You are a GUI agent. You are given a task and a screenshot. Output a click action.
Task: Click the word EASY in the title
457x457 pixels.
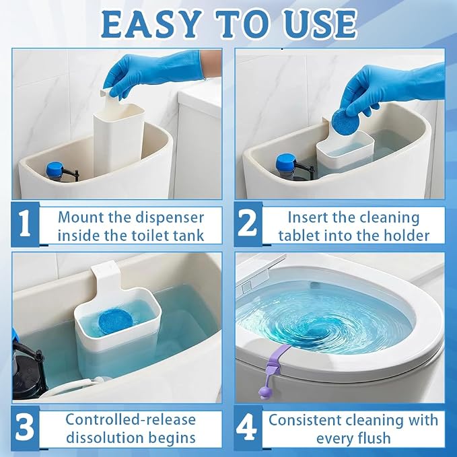click(151, 24)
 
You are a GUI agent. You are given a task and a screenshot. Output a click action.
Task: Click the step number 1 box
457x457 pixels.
click(26, 224)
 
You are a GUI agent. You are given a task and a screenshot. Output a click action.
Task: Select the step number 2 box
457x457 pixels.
click(248, 224)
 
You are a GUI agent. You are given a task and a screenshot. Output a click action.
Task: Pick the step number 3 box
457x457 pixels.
click(26, 428)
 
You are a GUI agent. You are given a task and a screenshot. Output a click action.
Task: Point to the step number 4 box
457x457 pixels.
click(248, 428)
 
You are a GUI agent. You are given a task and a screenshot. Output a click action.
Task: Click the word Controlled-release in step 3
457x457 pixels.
click(131, 420)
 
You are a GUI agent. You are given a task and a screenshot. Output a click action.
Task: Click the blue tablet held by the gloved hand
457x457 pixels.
click(343, 120)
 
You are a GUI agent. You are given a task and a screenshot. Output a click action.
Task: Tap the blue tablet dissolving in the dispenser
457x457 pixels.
click(115, 321)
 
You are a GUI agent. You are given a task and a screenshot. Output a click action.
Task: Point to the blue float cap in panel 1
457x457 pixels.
click(55, 170)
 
